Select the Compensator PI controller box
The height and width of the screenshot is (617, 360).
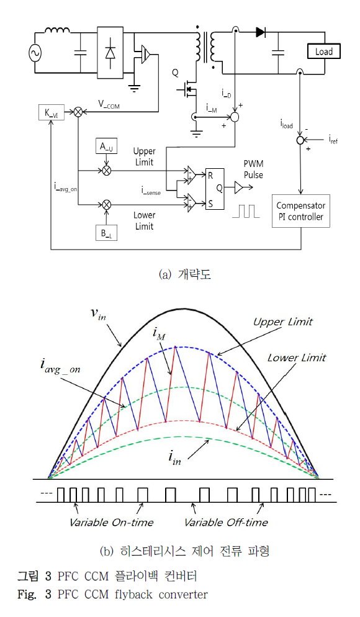click(x=300, y=212)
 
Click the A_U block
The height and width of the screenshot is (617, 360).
click(x=106, y=146)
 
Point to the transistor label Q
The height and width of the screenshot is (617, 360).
click(x=175, y=73)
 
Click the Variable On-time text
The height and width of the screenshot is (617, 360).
click(x=111, y=522)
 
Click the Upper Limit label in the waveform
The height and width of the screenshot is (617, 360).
click(x=283, y=322)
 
